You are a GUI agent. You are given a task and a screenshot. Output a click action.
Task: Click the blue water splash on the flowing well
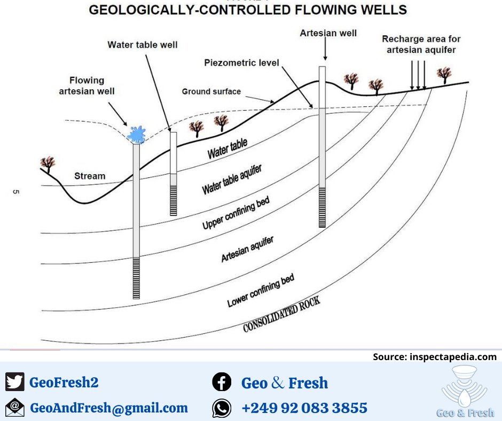coord(137,134)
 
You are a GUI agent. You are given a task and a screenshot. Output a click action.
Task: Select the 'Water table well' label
coord(143,45)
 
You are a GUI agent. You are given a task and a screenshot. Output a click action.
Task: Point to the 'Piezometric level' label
coord(241,63)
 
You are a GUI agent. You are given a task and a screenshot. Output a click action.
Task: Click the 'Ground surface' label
coord(211,91)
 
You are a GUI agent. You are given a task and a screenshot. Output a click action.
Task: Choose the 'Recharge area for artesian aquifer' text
coord(421,44)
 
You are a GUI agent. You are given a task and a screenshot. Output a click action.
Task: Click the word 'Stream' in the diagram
coord(90,176)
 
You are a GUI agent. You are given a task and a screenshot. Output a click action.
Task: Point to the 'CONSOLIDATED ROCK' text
coord(281,315)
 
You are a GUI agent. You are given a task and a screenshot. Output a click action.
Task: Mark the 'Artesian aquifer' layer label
coord(247,249)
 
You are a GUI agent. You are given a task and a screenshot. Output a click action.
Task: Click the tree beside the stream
coord(48,162)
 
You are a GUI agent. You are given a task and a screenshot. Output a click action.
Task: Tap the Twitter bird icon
coord(15,382)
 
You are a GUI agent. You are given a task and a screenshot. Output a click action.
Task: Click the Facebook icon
coord(222,383)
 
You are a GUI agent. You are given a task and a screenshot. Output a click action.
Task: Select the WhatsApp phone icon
coord(222,408)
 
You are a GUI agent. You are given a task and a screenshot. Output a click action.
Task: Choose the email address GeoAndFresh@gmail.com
coord(109,408)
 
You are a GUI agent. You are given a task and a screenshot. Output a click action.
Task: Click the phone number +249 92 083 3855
coord(304,408)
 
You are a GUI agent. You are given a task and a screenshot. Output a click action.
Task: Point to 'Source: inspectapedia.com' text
coord(434,357)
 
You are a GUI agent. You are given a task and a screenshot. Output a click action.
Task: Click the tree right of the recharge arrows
coord(444,75)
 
